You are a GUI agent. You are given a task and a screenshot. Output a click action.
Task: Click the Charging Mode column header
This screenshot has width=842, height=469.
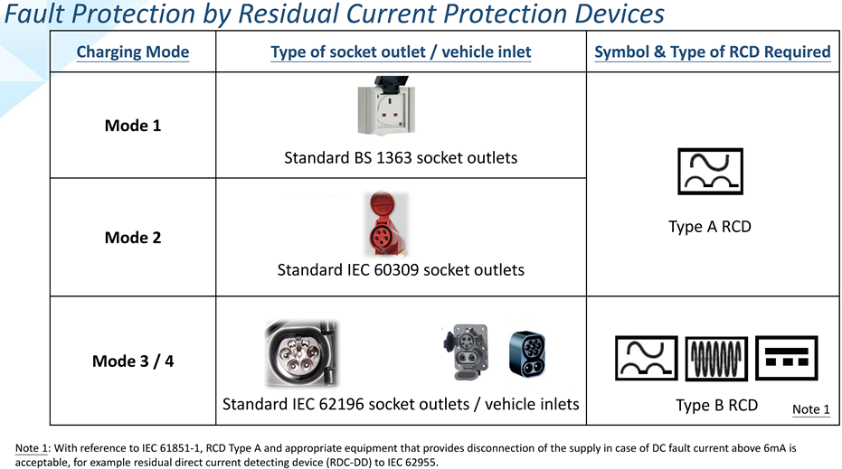point(133,52)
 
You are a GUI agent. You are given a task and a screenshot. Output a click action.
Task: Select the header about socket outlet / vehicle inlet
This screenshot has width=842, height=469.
point(401,52)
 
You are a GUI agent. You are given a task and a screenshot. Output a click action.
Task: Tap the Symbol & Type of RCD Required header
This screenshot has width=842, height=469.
point(713,52)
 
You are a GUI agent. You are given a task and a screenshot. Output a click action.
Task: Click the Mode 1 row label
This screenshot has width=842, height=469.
point(133,126)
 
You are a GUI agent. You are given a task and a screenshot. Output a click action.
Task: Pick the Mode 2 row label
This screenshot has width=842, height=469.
point(133,238)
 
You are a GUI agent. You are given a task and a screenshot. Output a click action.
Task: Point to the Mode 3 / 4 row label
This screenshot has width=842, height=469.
point(133,361)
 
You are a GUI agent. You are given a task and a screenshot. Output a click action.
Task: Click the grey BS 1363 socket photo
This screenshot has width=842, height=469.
point(387,106)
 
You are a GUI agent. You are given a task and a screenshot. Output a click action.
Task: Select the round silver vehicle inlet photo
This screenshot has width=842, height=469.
point(301,353)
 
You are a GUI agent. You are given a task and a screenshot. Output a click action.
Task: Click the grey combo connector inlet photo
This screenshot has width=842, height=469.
point(466,352)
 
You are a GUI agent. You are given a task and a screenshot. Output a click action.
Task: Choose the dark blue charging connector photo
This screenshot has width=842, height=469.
point(527,353)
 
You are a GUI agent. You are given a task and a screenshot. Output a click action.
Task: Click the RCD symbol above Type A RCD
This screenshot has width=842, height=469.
point(710,171)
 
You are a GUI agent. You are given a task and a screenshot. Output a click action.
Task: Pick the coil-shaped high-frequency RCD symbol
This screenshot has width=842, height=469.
point(716,359)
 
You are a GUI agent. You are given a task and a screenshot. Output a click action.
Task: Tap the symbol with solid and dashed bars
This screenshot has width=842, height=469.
point(786,358)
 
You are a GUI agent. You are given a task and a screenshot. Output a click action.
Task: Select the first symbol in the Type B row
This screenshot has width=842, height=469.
point(646,358)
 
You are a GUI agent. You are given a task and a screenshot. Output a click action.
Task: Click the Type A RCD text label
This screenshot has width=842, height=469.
point(710,227)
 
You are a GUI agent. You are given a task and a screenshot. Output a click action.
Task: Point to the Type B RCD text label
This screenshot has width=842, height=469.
point(716,405)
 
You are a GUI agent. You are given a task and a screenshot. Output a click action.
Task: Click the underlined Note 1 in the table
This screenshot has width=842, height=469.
point(811,409)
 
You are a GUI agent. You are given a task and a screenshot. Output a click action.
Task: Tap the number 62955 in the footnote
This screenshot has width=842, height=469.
point(421,462)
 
